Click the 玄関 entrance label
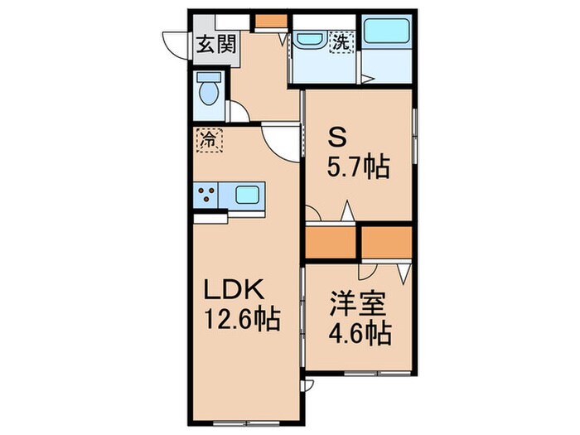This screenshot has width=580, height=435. (215, 43)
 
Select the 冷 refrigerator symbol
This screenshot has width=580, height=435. (210, 139)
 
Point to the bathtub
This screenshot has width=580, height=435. (387, 32)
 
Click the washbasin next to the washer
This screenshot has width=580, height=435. (310, 40)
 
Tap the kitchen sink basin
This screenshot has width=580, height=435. (248, 196)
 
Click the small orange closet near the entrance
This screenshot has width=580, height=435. (266, 20)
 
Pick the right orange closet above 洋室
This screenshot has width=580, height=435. (386, 241)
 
